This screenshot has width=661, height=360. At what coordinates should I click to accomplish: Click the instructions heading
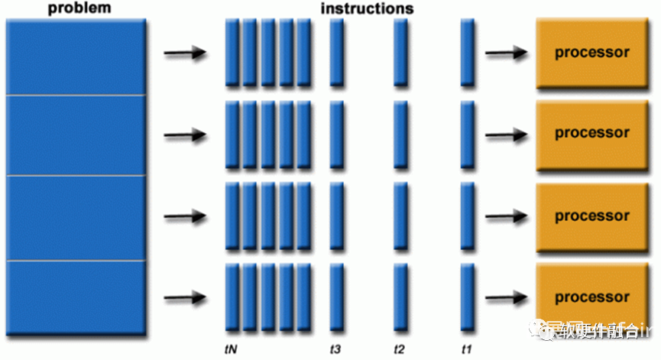click(367, 9)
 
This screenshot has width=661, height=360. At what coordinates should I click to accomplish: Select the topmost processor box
click(592, 53)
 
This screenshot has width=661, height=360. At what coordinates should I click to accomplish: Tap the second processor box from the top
click(592, 133)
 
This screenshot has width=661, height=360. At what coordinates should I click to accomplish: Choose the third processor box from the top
click(592, 216)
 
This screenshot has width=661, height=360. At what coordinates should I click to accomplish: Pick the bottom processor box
click(592, 297)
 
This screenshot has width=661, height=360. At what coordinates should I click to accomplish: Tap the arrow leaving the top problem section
click(186, 54)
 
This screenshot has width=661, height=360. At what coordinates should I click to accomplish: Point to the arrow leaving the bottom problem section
click(186, 297)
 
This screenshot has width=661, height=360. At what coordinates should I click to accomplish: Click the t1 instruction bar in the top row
click(468, 53)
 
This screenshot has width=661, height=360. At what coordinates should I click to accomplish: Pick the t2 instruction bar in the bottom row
click(400, 297)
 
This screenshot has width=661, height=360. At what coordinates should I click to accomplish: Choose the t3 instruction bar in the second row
click(336, 135)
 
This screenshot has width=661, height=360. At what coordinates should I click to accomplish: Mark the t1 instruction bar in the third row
click(468, 216)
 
